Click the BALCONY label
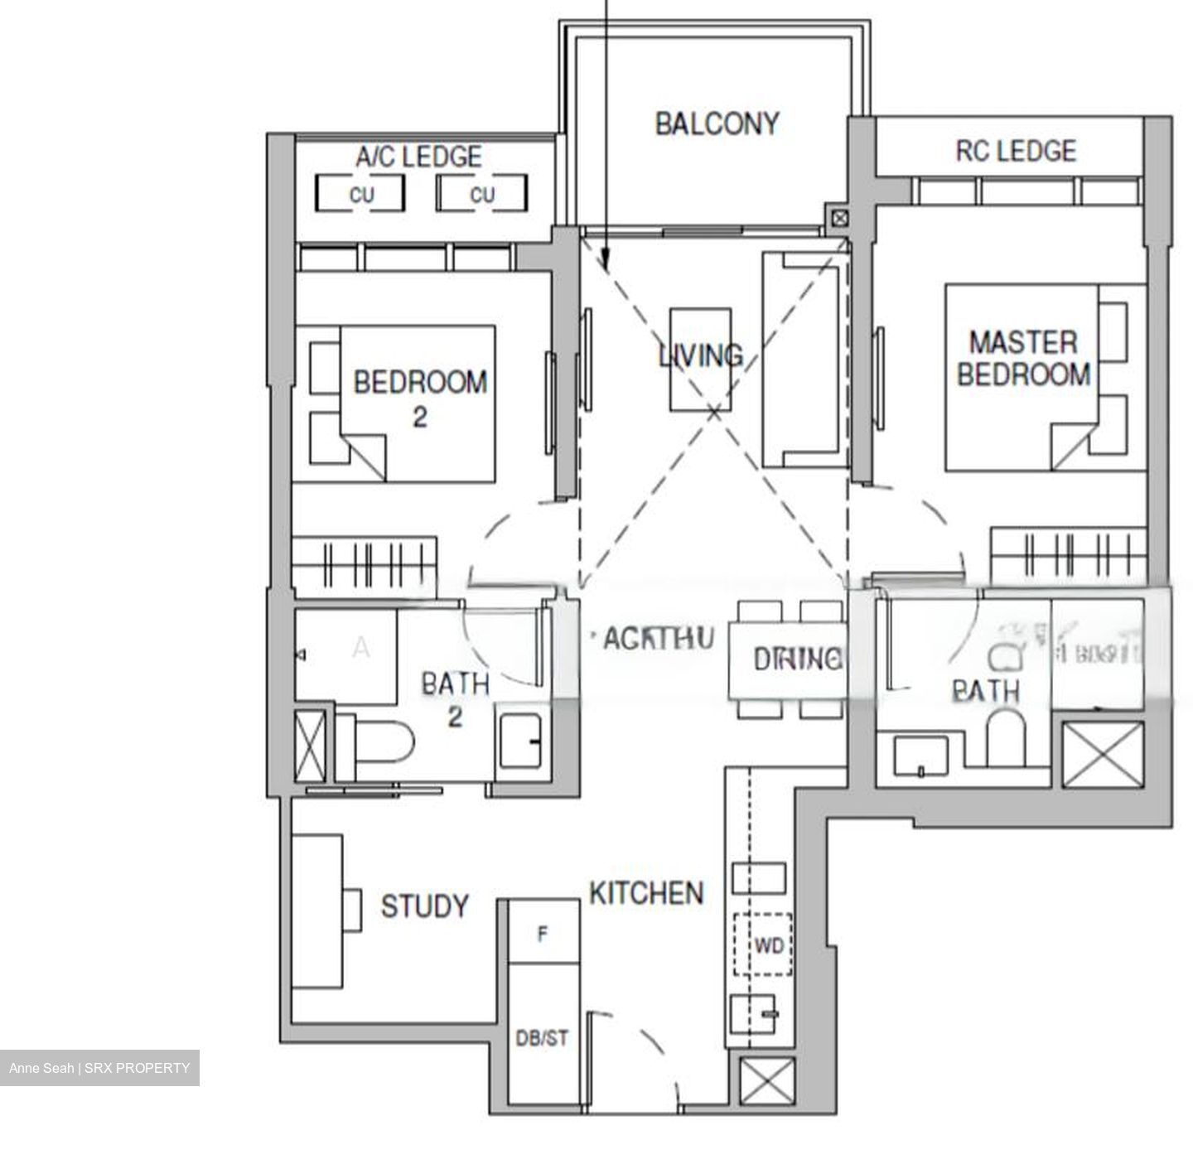click(x=717, y=124)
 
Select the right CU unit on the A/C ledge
click(x=482, y=195)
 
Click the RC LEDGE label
click(x=1016, y=151)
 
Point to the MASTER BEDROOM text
click(x=1024, y=358)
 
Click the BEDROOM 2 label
click(x=420, y=398)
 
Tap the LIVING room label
click(x=701, y=355)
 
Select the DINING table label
click(x=797, y=659)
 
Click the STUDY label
click(x=424, y=906)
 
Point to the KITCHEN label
click(x=646, y=893)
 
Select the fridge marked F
click(x=543, y=934)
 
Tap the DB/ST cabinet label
click(x=542, y=1038)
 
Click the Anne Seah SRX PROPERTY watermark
click(x=99, y=1068)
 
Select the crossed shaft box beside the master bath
click(x=1103, y=754)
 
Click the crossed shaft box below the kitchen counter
click(x=766, y=1084)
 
